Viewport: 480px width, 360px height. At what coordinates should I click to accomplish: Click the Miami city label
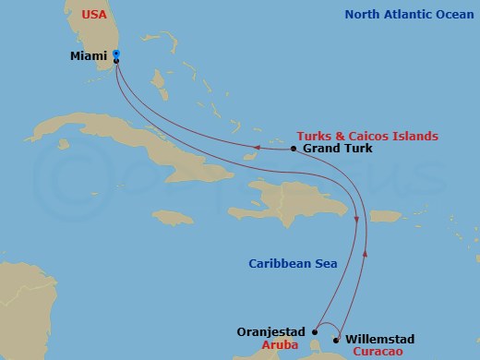tap(90, 56)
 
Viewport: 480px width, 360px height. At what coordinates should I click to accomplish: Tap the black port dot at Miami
tap(116, 61)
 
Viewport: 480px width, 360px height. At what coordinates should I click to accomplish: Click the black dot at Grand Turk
tap(293, 149)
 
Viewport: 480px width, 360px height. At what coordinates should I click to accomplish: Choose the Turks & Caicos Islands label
tap(366, 136)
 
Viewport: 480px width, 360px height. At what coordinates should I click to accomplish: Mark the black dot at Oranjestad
tap(316, 329)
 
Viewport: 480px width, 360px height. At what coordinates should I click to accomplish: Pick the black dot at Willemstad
tap(336, 339)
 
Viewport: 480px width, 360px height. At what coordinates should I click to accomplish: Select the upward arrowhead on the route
tap(366, 250)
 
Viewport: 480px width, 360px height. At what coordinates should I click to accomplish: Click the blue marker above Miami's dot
tap(116, 54)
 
